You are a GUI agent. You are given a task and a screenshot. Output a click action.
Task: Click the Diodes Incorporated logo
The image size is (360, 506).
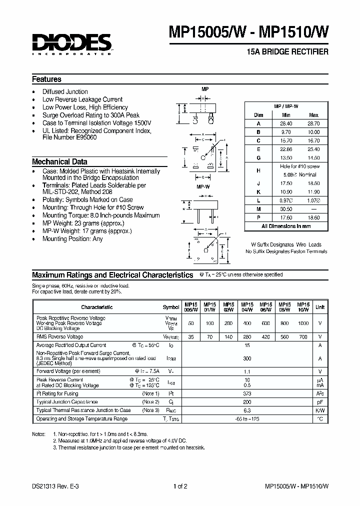71,44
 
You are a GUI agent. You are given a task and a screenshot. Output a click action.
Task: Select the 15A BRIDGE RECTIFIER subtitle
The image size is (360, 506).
288,52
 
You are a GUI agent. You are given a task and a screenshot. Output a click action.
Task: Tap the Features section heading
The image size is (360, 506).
46,79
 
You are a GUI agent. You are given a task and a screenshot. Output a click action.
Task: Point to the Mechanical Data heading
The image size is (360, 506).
59,162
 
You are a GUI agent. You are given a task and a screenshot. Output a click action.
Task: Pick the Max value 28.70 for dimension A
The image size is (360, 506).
313,123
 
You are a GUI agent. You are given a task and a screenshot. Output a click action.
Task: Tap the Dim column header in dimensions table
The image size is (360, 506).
258,114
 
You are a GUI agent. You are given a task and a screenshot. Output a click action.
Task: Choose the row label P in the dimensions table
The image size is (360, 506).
258,217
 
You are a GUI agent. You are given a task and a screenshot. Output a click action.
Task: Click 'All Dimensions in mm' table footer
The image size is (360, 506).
285,226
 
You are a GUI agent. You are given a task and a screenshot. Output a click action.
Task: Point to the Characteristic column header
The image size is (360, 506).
97,307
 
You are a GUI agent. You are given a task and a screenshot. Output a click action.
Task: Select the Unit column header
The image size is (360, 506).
320,307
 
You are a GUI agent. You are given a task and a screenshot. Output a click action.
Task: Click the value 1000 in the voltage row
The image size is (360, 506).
303,323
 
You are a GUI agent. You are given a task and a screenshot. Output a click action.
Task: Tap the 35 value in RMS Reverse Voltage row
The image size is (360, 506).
191,337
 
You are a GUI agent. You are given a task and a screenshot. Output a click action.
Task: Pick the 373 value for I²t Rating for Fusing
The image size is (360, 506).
247,394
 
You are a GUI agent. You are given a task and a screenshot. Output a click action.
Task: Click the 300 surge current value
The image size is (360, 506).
247,358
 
